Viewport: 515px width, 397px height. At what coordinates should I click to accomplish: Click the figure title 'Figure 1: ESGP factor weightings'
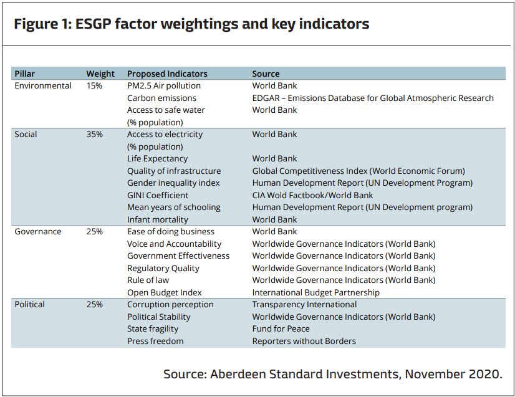[191, 24]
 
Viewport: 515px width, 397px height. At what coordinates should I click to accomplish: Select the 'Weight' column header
[100, 74]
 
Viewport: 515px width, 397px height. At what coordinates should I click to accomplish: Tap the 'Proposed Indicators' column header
[167, 74]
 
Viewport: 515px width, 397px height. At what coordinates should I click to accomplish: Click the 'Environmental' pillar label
[43, 86]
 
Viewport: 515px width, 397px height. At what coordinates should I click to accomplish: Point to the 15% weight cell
[94, 86]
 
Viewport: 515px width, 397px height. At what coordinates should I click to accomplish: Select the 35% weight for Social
[94, 135]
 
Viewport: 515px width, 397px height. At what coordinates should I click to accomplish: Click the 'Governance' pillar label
[38, 232]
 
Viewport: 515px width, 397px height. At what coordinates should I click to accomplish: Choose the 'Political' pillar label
[30, 305]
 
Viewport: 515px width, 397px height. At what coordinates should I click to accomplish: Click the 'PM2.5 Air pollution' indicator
[164, 86]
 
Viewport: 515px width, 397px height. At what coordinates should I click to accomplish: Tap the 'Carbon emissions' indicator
[161, 98]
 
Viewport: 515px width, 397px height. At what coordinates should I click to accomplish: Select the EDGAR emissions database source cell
[373, 98]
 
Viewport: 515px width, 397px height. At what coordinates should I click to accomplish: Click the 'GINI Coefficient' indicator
[158, 195]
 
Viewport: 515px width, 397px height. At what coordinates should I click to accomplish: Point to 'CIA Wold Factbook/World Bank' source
[312, 195]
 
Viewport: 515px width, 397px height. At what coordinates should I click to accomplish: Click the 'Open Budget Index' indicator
[165, 292]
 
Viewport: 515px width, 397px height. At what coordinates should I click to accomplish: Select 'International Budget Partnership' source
[315, 292]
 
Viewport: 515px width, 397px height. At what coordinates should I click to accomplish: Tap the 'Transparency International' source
[304, 305]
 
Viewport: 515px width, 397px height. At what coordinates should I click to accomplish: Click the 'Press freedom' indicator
[155, 341]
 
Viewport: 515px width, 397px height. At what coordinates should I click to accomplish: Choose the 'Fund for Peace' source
[281, 329]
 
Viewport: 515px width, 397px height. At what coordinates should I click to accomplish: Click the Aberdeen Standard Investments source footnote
[332, 374]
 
